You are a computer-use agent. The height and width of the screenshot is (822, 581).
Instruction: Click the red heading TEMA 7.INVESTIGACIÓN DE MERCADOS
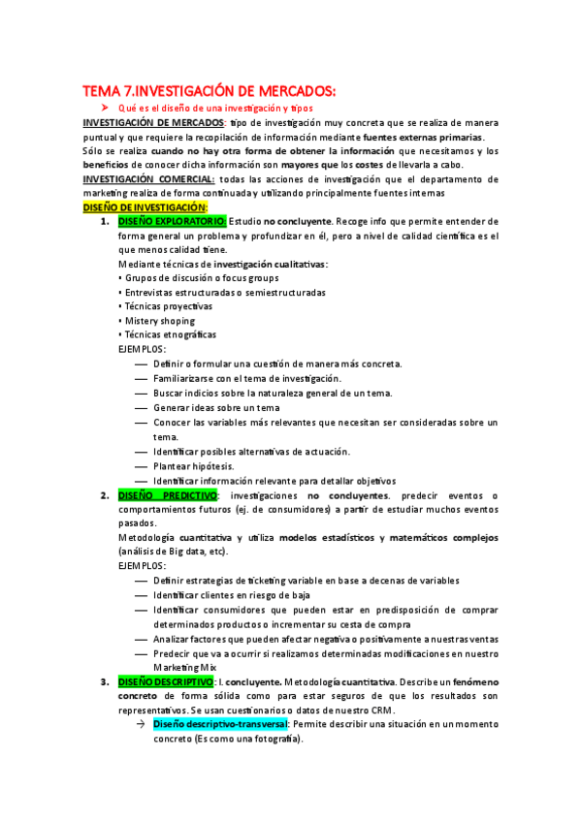click(x=209, y=91)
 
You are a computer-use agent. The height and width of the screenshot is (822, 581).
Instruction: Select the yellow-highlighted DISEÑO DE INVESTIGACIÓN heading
click(x=145, y=207)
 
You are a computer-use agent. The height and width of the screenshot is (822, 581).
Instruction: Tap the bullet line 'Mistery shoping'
click(x=159, y=321)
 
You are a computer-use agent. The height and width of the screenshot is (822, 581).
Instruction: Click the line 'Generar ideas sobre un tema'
click(x=216, y=407)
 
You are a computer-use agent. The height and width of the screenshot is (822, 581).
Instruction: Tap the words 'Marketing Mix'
click(x=185, y=668)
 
